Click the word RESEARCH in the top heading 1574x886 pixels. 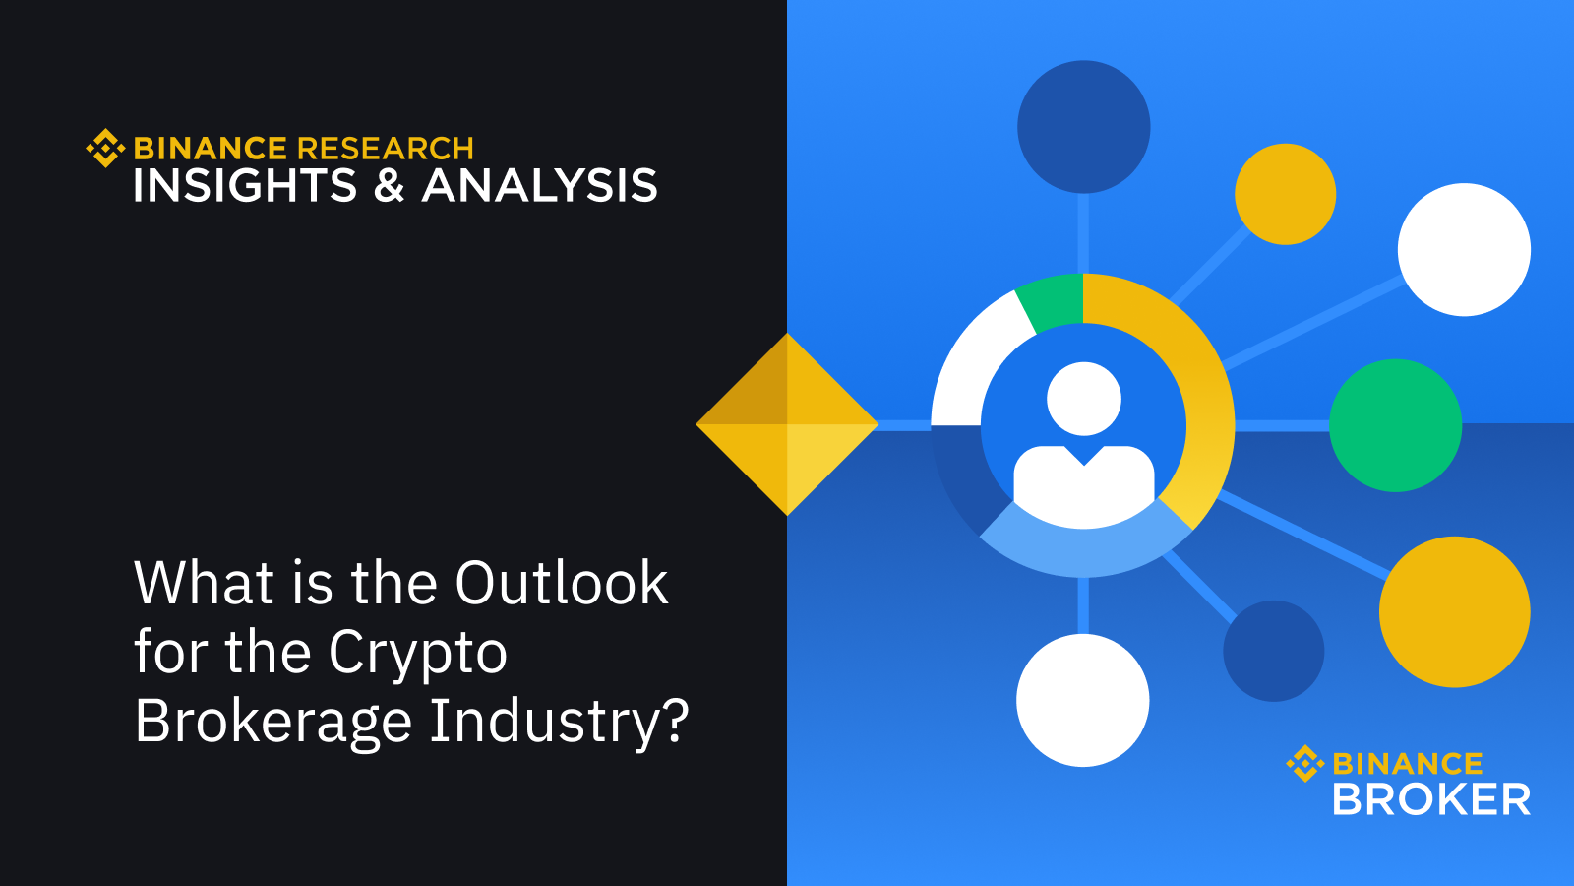(x=385, y=149)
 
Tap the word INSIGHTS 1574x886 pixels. (x=245, y=186)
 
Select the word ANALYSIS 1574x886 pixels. (x=539, y=186)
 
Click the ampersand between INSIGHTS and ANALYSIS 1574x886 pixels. (x=390, y=186)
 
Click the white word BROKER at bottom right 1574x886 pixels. (x=1431, y=799)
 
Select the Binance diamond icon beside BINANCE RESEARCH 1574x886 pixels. (x=105, y=149)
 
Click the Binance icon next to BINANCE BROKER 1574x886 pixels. (x=1305, y=764)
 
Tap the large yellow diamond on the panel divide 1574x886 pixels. (x=787, y=424)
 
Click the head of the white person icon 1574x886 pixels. (x=1083, y=399)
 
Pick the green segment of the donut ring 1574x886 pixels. (x=1052, y=301)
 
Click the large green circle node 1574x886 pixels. (x=1396, y=425)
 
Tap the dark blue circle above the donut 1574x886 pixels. (x=1083, y=127)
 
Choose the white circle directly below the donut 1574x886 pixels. (x=1083, y=700)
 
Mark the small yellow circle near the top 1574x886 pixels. (x=1285, y=194)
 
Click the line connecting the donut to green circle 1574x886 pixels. (x=1282, y=426)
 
